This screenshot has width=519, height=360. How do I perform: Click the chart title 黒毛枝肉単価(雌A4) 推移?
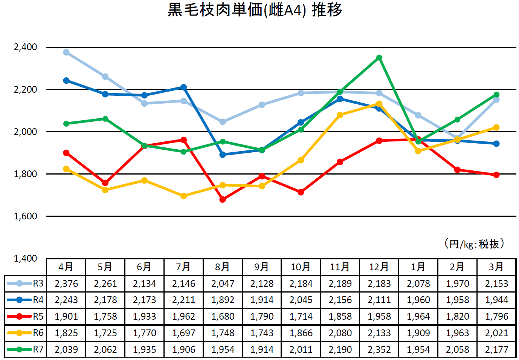(255, 10)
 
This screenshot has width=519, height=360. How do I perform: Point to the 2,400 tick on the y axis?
(26, 47)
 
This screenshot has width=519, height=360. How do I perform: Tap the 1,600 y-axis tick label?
(26, 216)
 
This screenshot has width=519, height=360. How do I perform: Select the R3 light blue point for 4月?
(66, 52)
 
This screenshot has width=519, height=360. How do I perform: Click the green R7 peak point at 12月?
(379, 58)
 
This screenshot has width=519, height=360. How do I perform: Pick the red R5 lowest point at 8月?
(223, 199)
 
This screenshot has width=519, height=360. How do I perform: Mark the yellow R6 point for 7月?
(184, 196)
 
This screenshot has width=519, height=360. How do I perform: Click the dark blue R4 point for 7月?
(184, 87)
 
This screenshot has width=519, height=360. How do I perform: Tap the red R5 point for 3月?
(496, 175)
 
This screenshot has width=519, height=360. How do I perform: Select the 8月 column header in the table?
(223, 267)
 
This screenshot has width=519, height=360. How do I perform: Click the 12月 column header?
(379, 267)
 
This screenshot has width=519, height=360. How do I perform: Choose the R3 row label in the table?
(38, 283)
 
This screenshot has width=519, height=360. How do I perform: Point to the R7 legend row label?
(38, 349)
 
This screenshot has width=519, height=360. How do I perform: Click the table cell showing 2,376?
(66, 283)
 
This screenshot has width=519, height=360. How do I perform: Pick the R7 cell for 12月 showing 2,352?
(379, 349)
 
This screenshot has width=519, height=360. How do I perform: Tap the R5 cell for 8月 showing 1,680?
(223, 317)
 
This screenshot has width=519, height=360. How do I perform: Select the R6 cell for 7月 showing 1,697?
(184, 333)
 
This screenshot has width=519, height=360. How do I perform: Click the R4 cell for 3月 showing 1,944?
(496, 300)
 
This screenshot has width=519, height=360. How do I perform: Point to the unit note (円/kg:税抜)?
(474, 244)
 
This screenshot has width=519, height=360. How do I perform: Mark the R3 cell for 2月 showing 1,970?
(457, 283)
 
